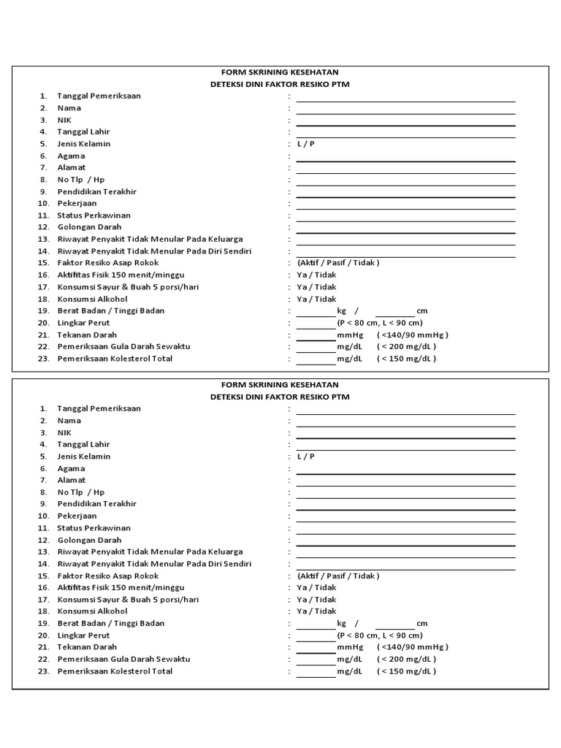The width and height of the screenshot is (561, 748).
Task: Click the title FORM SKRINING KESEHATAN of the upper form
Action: tap(280, 72)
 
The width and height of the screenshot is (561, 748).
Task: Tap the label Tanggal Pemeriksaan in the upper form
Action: tap(99, 96)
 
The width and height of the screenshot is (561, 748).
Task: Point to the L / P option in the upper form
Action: tap(306, 144)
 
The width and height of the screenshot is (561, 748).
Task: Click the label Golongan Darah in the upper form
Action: tap(90, 227)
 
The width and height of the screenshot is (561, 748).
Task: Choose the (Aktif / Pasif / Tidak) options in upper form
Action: tap(338, 263)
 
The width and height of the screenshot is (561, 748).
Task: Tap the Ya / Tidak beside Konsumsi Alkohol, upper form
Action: tap(316, 299)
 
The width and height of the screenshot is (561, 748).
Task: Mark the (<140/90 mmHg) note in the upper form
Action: tap(413, 335)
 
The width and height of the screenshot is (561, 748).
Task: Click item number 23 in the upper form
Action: tap(43, 359)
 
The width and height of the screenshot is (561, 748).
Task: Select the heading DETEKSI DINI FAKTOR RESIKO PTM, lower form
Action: tap(280, 397)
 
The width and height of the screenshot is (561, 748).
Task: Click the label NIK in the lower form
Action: tap(65, 432)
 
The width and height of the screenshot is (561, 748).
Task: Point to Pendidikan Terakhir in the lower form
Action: tap(97, 504)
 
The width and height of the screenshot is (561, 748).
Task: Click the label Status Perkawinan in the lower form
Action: tap(94, 528)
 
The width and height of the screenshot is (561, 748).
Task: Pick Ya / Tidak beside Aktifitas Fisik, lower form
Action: tap(316, 587)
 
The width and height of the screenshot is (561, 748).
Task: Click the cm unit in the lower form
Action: tap(422, 624)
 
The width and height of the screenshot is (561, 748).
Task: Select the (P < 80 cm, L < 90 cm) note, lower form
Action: tap(380, 636)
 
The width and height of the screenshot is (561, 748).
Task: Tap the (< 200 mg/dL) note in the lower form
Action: tap(407, 660)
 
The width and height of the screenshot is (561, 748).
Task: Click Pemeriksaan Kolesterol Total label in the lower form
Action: tap(115, 671)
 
